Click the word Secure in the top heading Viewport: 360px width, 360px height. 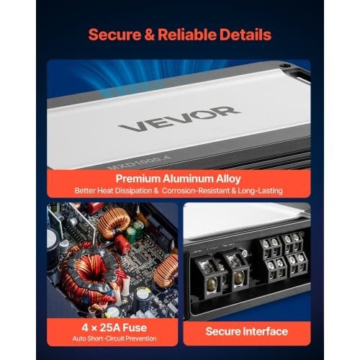[115, 35]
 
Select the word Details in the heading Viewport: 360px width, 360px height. [246, 35]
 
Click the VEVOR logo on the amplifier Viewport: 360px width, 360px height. [179, 118]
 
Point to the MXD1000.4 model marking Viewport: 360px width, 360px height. [139, 163]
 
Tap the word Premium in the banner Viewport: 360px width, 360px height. [138, 179]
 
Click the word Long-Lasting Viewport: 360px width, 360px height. [260, 191]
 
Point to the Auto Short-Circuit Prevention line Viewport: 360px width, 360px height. [114, 338]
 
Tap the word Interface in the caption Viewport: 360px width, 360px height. [265, 331]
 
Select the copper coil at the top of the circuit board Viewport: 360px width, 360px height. [113, 222]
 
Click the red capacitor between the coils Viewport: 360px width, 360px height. [122, 243]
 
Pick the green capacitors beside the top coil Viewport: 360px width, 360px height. [135, 231]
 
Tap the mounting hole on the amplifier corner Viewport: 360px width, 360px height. [286, 65]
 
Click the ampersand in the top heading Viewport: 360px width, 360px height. [150, 35]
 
